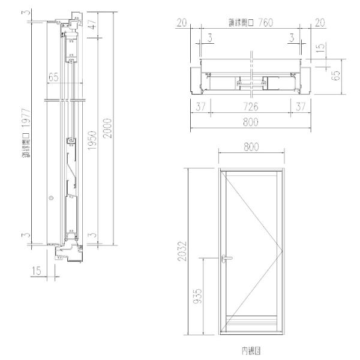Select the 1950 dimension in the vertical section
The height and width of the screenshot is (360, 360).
(x=92, y=141)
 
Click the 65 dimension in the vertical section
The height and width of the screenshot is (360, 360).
(x=53, y=77)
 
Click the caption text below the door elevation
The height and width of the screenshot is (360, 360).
(x=250, y=348)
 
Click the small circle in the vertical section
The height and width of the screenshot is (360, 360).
(x=51, y=197)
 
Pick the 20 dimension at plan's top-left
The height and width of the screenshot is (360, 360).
(x=181, y=23)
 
